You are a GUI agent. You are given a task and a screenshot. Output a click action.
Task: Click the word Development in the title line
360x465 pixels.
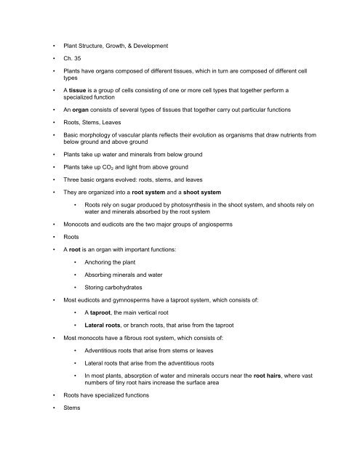(169, 46)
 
